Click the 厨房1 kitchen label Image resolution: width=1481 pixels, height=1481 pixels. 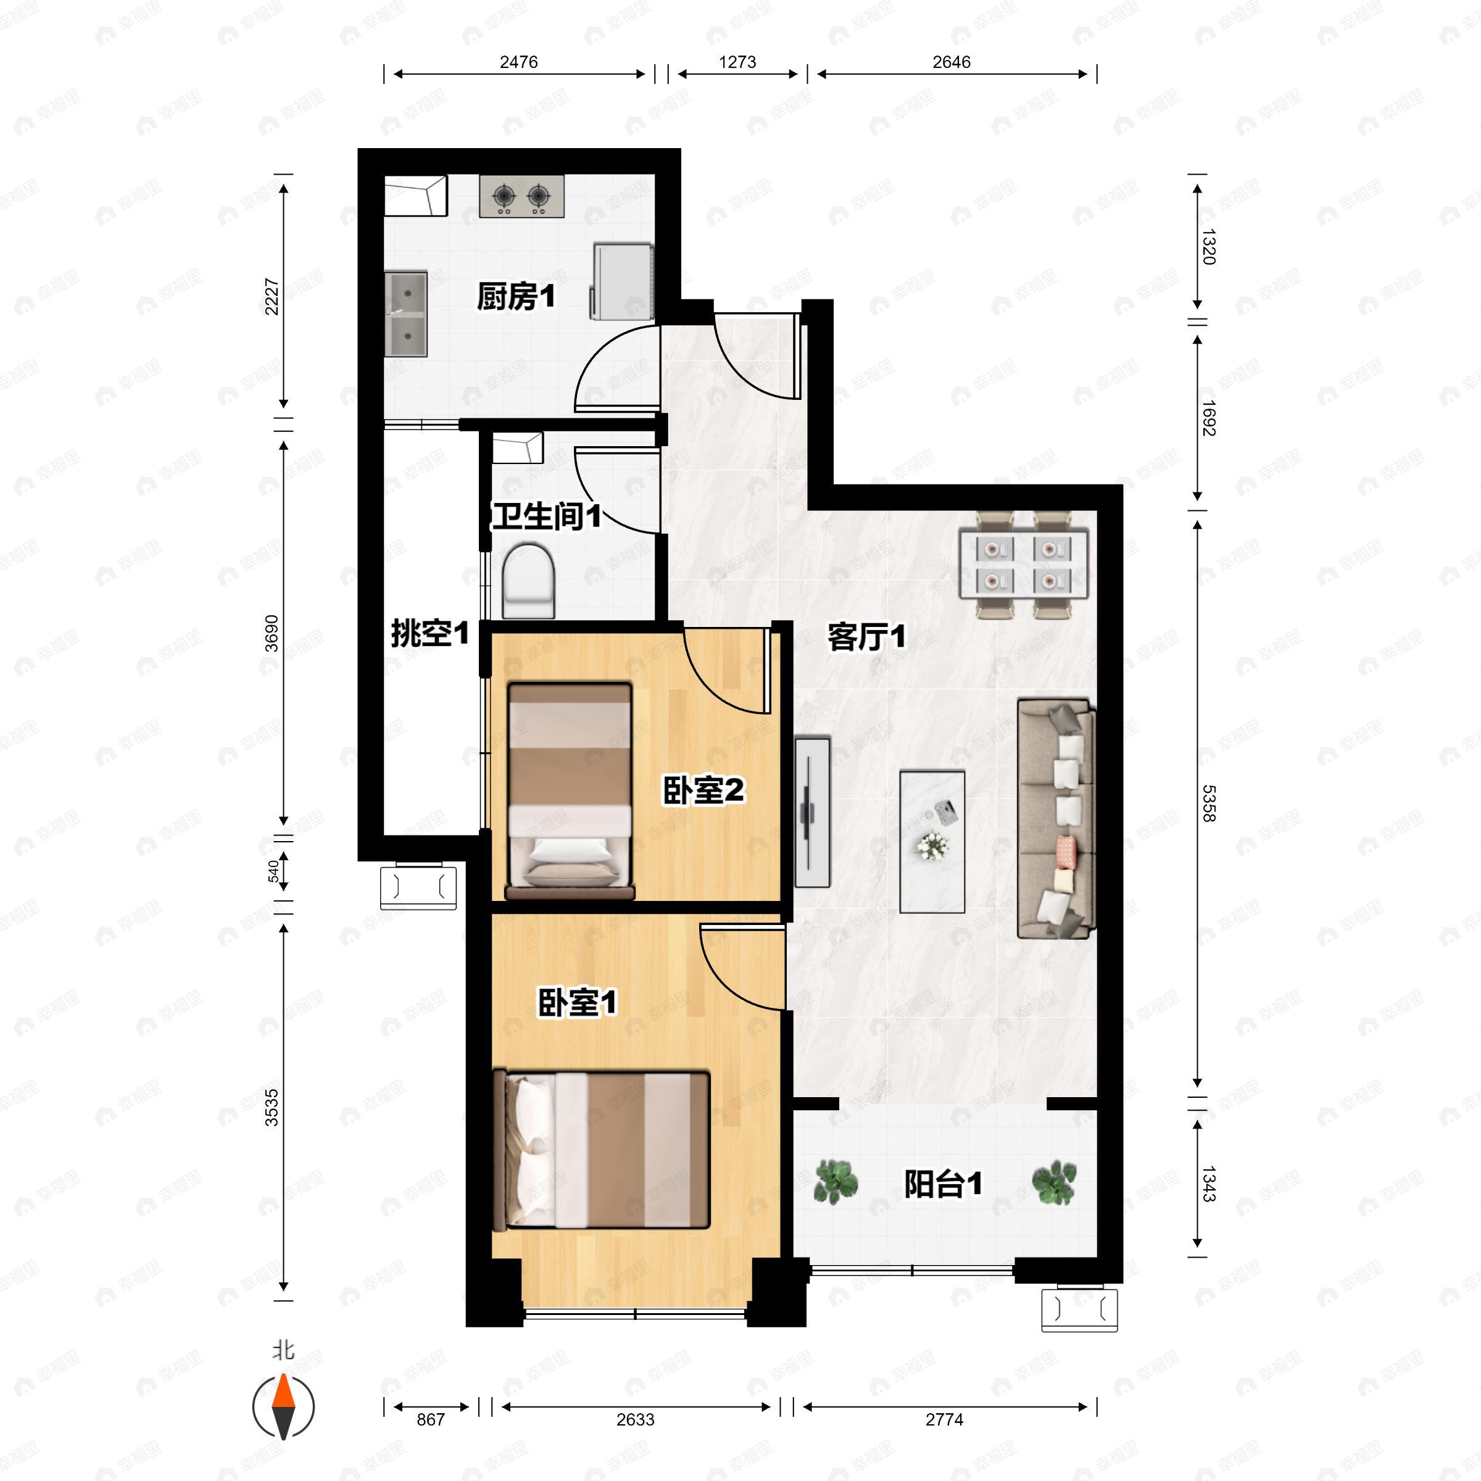(x=515, y=297)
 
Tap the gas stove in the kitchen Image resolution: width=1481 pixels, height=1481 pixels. (x=521, y=196)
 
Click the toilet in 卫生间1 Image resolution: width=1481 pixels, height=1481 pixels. (x=528, y=580)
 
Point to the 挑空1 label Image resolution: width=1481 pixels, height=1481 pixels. (x=429, y=634)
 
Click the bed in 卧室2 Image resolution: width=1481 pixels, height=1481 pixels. (x=570, y=790)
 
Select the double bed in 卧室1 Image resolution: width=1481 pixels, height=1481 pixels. (x=602, y=1149)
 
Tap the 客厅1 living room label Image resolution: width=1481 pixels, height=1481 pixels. (x=866, y=636)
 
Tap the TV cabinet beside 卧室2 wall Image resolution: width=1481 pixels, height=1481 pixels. (x=812, y=812)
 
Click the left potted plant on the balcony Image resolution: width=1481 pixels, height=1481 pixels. (x=835, y=1181)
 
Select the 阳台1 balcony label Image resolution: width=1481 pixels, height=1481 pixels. (x=942, y=1184)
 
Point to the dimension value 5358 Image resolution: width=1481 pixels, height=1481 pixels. (x=1208, y=803)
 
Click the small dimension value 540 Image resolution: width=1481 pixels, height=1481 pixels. (x=273, y=871)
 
